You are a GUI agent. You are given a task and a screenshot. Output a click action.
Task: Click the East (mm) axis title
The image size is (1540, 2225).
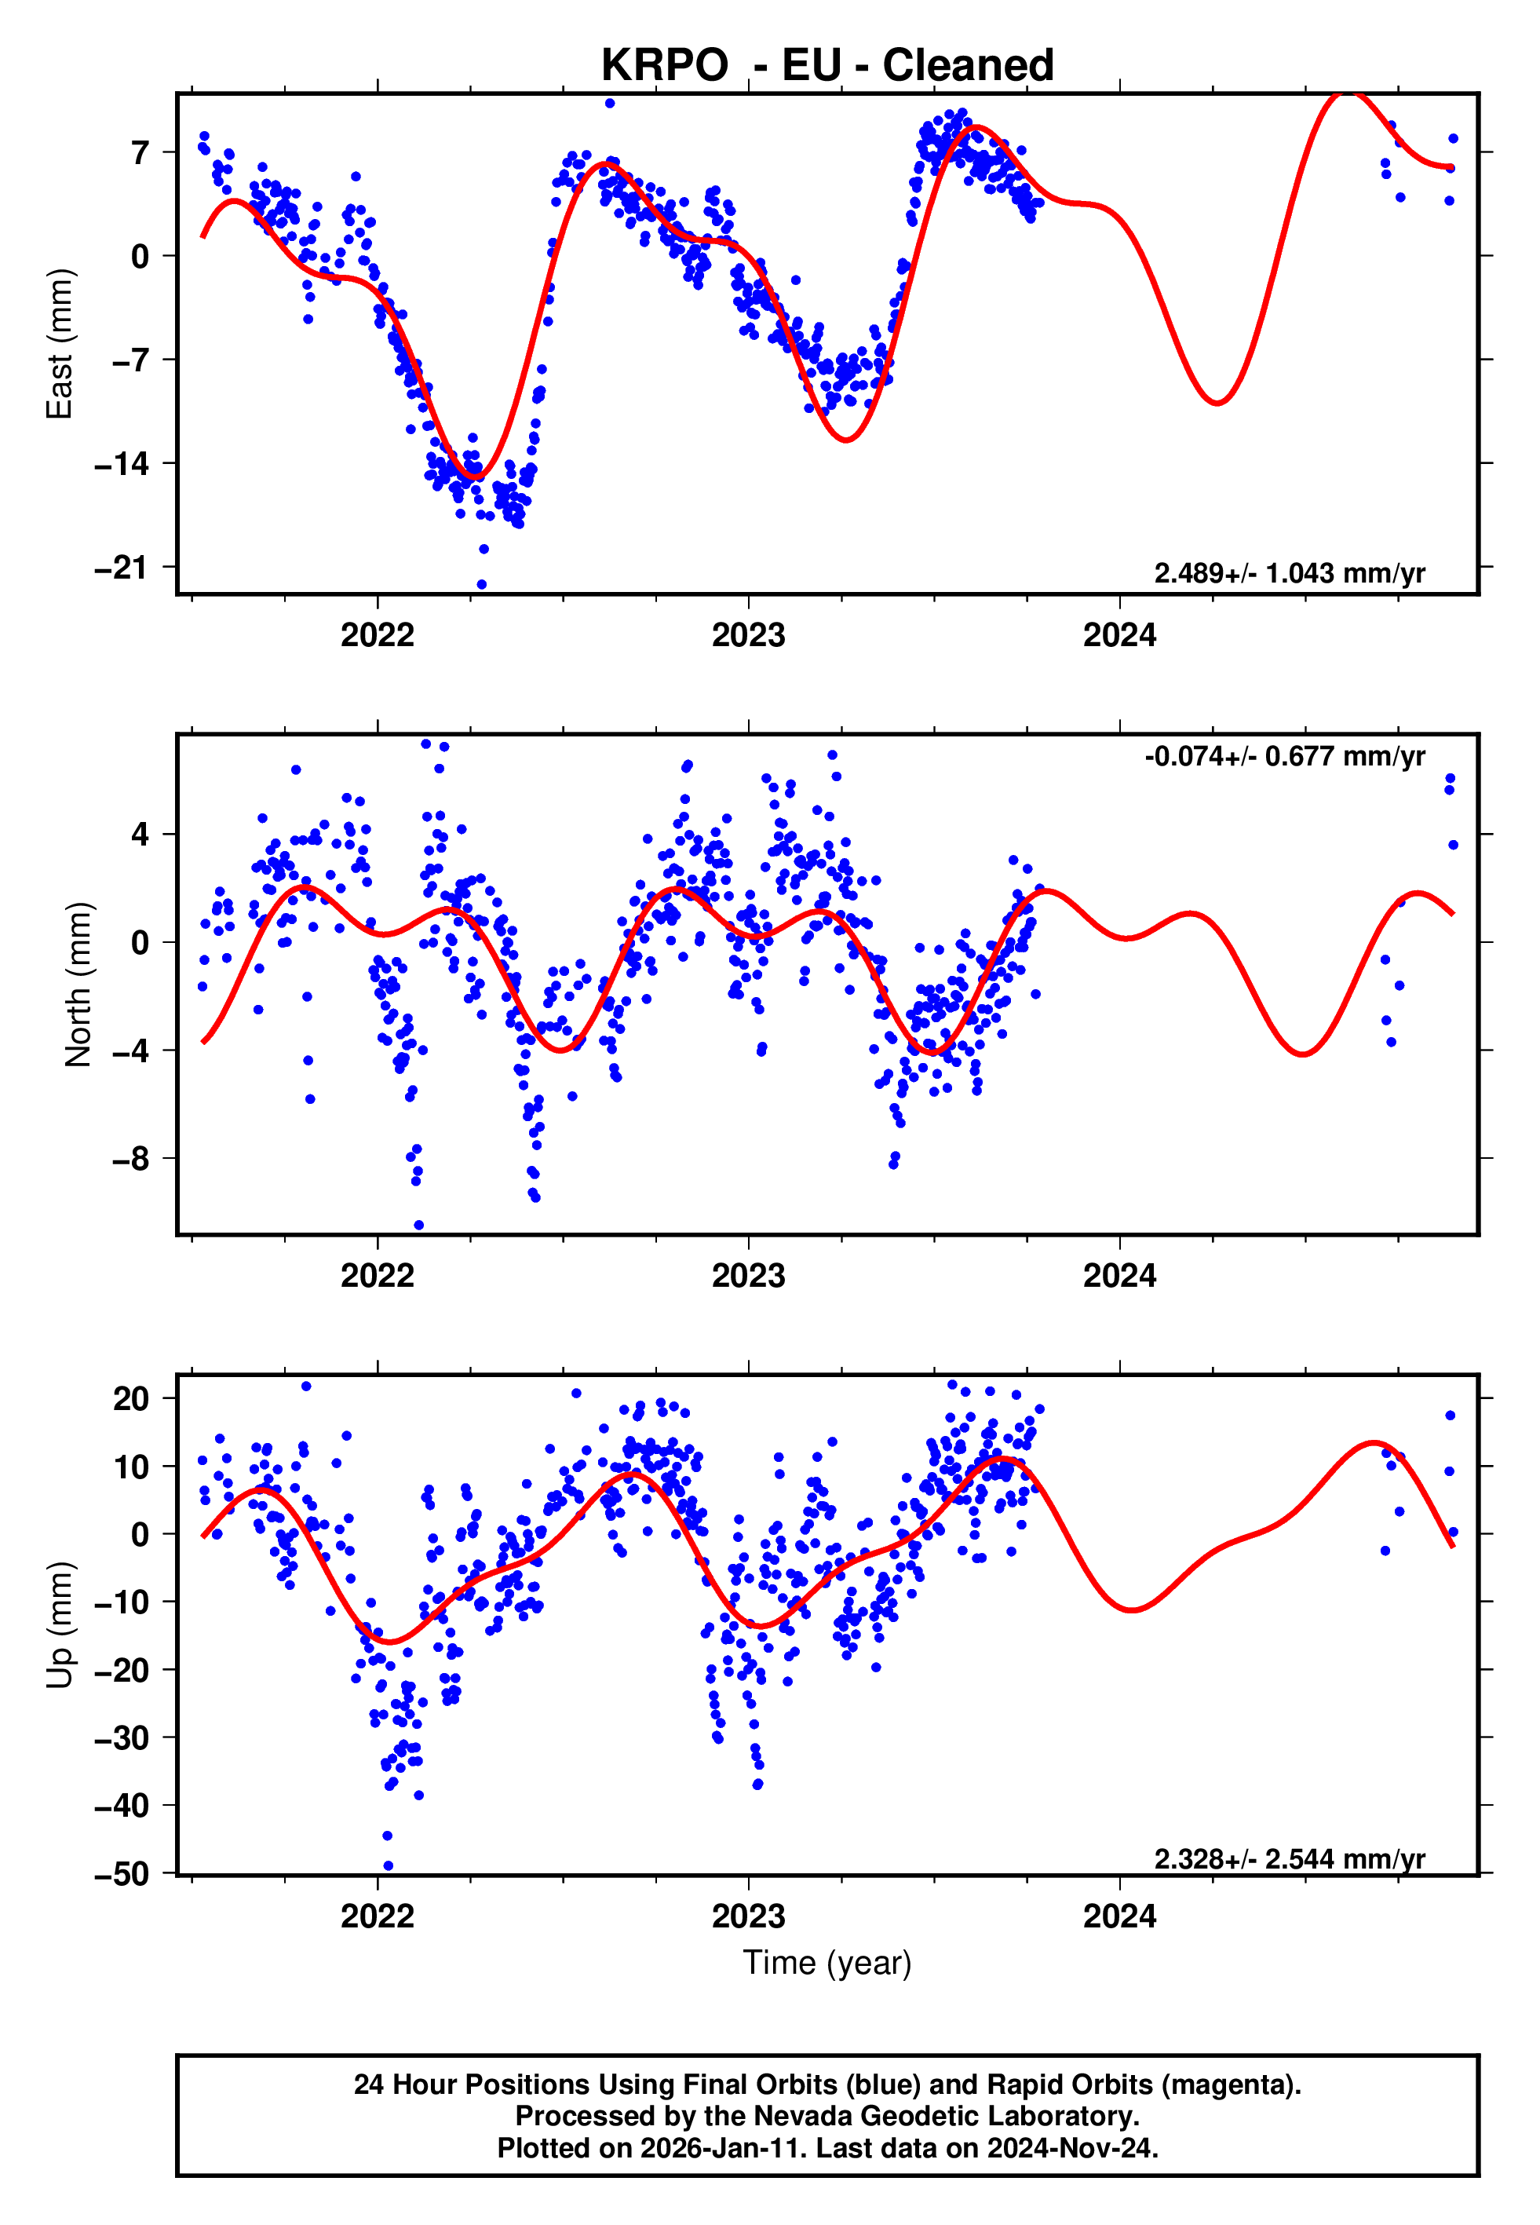point(60,344)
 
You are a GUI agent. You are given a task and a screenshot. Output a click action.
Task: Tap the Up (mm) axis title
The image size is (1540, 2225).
point(60,1625)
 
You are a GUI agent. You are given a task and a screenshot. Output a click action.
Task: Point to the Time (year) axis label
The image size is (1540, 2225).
point(827,1963)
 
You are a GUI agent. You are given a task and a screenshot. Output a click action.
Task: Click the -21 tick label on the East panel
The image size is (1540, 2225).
point(122,568)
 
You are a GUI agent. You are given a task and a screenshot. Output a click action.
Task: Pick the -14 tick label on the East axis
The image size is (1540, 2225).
point(122,464)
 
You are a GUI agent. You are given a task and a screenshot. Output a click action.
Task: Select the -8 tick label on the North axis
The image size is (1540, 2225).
point(130,1159)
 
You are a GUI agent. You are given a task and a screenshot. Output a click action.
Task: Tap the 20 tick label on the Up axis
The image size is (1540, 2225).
point(131,1398)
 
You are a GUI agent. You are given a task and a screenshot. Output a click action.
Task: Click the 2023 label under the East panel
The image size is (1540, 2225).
point(748,635)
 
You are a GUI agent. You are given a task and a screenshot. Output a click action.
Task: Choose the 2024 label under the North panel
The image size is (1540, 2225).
point(1119,1276)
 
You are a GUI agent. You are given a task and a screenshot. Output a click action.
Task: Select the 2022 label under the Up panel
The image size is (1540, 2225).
point(378,1916)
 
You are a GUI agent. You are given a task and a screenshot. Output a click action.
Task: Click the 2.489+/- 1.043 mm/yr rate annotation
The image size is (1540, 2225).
point(1289,573)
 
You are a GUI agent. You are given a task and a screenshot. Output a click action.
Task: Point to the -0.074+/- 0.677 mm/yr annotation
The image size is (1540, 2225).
point(1284,757)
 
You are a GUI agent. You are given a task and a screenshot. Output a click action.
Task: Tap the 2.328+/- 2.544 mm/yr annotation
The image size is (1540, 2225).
point(1289,1859)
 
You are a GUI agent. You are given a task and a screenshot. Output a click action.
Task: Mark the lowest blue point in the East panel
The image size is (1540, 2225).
point(481,585)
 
